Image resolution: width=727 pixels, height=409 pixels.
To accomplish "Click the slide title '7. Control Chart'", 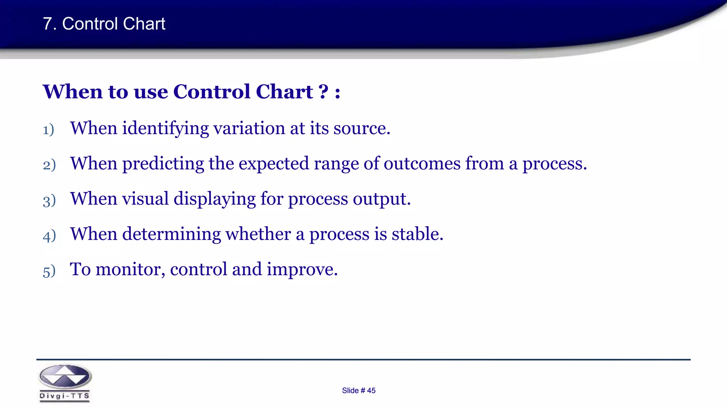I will point(104,24).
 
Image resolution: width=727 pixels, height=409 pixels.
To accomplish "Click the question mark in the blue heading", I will point(323,92).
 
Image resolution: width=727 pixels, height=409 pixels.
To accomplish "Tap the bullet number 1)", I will point(48,130).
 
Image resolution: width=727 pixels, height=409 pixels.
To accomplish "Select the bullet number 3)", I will point(49,201).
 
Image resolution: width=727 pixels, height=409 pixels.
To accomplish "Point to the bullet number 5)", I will point(49,271).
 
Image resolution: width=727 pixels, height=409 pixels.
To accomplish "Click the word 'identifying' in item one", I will point(165,129).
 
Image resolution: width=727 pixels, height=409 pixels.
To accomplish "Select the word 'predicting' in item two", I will point(163,164).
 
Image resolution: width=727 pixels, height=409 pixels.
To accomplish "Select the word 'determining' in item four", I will point(171,234).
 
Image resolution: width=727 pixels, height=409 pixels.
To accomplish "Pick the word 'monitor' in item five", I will point(128,269).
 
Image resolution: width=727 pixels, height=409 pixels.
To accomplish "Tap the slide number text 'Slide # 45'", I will point(359,391).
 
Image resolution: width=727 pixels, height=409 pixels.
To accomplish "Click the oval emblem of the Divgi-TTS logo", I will point(65,377).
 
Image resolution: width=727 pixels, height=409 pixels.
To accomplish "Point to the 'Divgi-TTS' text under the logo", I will point(65,396).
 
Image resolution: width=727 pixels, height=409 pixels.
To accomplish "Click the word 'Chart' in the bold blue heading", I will point(284,92).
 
